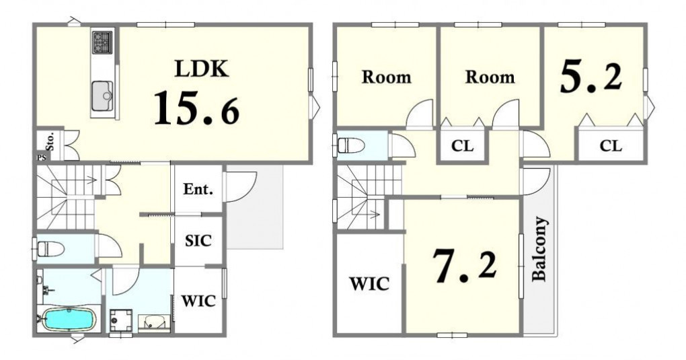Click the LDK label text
click(202, 69)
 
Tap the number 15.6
click(197, 107)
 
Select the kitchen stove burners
click(102, 42)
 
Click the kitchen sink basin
click(102, 96)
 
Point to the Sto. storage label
click(50, 141)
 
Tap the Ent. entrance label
click(198, 189)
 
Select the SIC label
click(198, 240)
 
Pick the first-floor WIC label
click(198, 301)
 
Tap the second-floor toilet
click(351, 145)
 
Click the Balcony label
click(540, 249)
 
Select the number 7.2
click(465, 265)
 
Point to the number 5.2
click(590, 77)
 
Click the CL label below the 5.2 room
click(611, 145)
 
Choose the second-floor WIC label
click(369, 284)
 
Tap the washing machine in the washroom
click(121, 321)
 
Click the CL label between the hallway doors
click(463, 146)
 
